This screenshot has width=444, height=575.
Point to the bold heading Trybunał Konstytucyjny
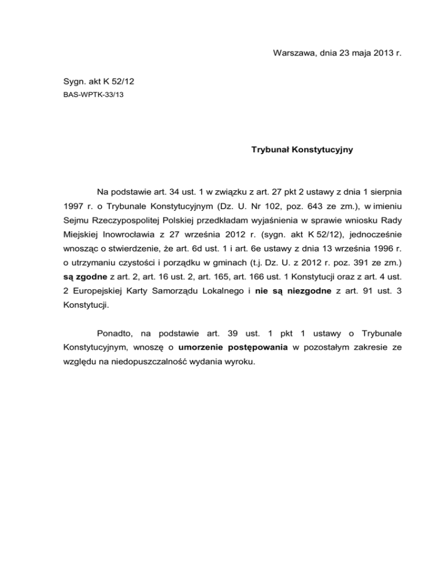coord(302,150)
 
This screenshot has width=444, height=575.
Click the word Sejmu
coord(75,222)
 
